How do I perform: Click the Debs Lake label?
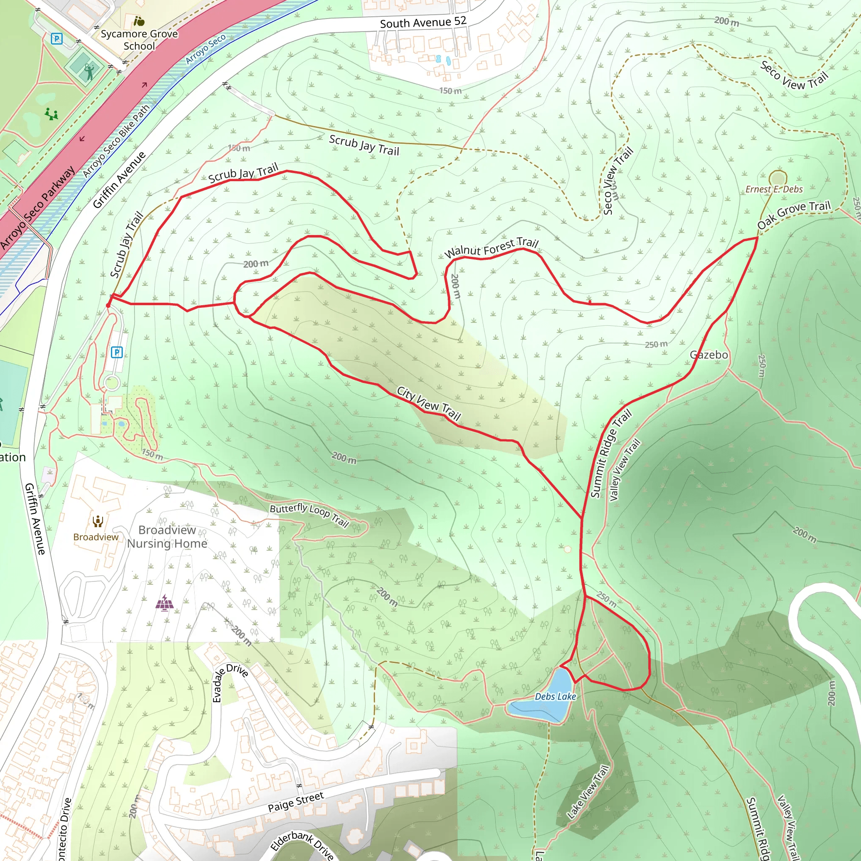coord(555,696)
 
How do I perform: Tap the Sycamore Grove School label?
coord(139,40)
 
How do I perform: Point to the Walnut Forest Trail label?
coord(491,248)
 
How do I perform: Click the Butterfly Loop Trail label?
coord(309,515)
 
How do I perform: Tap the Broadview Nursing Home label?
coord(167,536)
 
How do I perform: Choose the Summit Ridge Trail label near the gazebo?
coord(611,453)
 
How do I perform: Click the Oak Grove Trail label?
coord(794,214)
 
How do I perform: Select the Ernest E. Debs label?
coord(774,189)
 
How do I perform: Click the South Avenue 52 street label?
coord(423,22)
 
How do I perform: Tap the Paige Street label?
coord(296,802)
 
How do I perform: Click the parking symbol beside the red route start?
coord(117,352)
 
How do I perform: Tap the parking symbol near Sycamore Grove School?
coord(57,39)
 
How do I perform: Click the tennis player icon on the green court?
coord(89,71)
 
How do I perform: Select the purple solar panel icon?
coord(164,603)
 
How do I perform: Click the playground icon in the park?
coord(52,114)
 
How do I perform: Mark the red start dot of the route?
coord(108,305)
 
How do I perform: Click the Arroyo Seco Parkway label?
coord(38,208)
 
